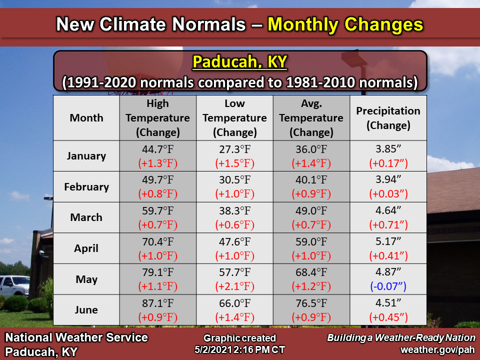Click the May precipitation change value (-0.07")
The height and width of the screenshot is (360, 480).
point(388,286)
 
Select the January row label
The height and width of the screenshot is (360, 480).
point(86,155)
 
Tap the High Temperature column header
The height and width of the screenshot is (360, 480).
point(158,118)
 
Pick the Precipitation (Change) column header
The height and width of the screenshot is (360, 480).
point(388,118)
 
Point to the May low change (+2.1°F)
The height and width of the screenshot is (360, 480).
point(234,286)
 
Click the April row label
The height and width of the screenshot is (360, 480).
point(86,248)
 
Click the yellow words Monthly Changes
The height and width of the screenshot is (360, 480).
point(345,23)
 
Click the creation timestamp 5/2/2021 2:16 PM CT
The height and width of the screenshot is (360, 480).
point(239,349)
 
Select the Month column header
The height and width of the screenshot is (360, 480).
point(86,118)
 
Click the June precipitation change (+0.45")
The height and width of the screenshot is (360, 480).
point(388,317)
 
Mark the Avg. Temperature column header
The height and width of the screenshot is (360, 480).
point(311,118)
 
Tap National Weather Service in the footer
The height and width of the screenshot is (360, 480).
point(76,337)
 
